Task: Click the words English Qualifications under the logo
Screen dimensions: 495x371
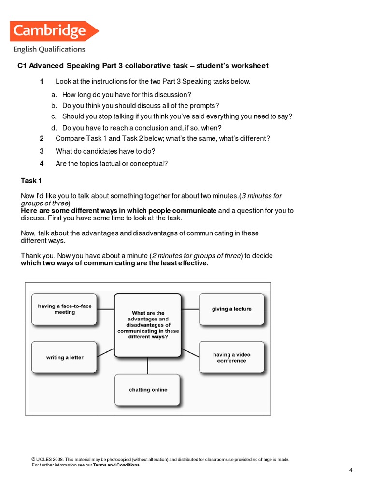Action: click(x=49, y=49)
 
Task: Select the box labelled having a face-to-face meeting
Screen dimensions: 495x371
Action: click(x=65, y=309)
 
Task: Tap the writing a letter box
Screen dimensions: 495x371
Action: click(x=65, y=358)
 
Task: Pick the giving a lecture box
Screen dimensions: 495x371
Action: click(x=231, y=309)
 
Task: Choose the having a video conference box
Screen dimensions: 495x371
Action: click(x=231, y=357)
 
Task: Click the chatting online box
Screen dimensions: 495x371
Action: click(x=148, y=390)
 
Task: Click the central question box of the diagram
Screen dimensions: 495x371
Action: click(x=148, y=324)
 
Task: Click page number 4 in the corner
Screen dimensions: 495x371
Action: click(x=351, y=470)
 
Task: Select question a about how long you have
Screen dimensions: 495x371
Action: click(x=127, y=95)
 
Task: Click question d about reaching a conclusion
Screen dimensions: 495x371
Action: click(x=142, y=128)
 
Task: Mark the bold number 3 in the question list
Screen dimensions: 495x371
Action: click(x=42, y=151)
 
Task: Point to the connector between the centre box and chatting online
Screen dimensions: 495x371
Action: click(x=148, y=365)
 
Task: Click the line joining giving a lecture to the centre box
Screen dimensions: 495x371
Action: click(x=190, y=309)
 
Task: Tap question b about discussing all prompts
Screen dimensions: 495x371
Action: click(x=141, y=105)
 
